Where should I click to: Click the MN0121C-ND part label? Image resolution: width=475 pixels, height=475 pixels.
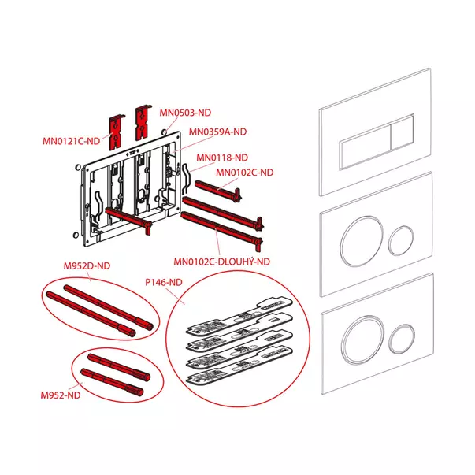71,141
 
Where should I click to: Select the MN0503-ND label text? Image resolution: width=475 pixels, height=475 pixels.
185,113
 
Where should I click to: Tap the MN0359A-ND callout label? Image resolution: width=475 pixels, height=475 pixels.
218,132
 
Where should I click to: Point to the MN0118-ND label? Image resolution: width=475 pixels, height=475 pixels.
222,158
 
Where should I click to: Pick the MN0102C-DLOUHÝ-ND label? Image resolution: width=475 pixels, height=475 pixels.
222,262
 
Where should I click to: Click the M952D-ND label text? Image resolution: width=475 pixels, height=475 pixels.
87,266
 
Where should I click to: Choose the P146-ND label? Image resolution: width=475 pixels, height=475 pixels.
164,282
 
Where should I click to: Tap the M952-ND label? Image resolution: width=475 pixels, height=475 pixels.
61,395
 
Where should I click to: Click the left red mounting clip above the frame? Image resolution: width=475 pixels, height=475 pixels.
117,132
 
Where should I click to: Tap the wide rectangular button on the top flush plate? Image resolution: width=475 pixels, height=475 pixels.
365,147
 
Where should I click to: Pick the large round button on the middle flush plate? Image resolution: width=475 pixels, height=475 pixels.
362,241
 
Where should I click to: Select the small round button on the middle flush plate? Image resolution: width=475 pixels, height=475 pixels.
401,240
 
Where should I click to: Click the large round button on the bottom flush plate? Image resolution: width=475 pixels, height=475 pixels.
363,340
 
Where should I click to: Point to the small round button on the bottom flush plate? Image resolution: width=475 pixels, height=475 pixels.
402,339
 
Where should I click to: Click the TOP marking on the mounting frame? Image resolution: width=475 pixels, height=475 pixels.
132,154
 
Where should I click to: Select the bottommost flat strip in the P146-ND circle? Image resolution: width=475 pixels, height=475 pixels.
239,365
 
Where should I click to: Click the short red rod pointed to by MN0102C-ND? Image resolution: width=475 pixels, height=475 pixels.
218,190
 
